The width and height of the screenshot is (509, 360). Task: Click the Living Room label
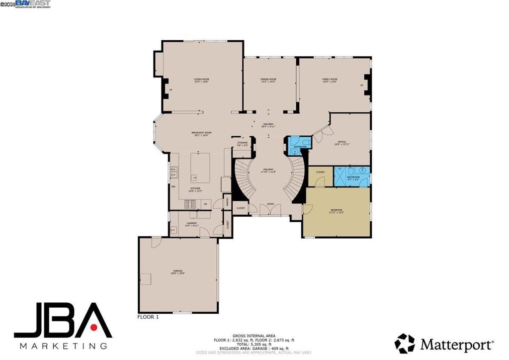coord(201,80)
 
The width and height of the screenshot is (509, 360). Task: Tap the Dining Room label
coord(268,80)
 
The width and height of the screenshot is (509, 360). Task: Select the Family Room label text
coord(330,80)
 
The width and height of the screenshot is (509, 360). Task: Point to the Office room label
coord(341,142)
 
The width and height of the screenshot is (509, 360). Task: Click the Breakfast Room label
coord(201,133)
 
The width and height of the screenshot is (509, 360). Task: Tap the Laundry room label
coord(191,224)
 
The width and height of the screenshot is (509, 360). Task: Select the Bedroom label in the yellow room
coord(337,210)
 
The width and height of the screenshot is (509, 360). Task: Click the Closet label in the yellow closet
coord(321,172)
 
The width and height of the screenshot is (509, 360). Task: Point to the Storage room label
coord(242,143)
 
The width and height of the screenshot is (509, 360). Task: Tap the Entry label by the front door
coord(270,204)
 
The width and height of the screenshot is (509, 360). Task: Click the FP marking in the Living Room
coord(170,90)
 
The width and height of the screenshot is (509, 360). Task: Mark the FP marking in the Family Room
coord(362,86)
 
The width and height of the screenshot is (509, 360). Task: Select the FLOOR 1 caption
coord(148,316)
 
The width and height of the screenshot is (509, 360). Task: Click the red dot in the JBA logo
coord(93,327)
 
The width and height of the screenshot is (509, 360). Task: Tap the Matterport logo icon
coord(405,344)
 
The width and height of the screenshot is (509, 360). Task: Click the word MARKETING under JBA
coord(63,346)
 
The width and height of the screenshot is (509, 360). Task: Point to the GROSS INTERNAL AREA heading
coord(254,336)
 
